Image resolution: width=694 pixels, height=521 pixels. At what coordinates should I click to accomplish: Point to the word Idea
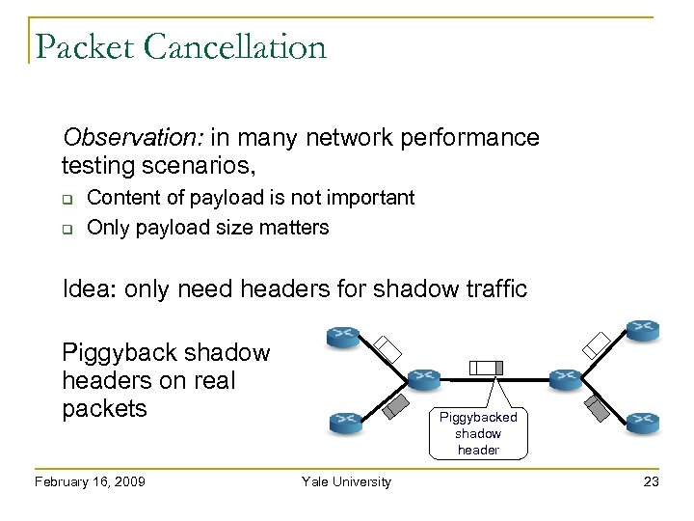(86, 288)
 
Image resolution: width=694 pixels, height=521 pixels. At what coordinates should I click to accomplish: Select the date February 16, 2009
(89, 481)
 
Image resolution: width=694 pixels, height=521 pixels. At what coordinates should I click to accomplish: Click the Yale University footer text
(346, 481)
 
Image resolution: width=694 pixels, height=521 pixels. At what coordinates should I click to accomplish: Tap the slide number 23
(651, 481)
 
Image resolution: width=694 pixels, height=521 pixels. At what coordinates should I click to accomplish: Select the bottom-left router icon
(344, 420)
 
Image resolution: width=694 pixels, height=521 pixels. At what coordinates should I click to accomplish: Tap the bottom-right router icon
(641, 420)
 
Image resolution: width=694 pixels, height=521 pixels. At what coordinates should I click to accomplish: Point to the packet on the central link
(486, 367)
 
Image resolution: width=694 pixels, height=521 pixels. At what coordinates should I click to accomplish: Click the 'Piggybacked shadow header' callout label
(479, 433)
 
